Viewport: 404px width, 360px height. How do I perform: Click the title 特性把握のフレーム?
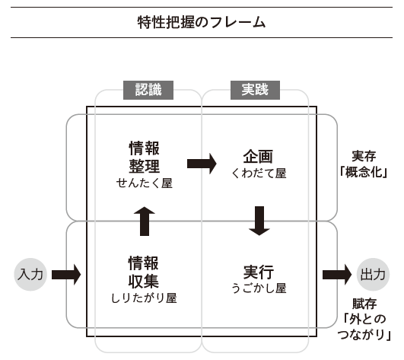pyautogui.click(x=202, y=22)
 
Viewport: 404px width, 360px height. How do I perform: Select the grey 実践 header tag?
pyautogui.click(x=255, y=90)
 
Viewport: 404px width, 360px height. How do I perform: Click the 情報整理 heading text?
pyautogui.click(x=144, y=156)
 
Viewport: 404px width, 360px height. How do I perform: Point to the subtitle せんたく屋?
pyautogui.click(x=144, y=183)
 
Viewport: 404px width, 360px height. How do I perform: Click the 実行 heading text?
pyautogui.click(x=259, y=272)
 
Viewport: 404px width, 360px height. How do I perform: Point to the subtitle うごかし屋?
pyautogui.click(x=259, y=288)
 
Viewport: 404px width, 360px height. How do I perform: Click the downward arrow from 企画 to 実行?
pyautogui.click(x=259, y=220)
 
